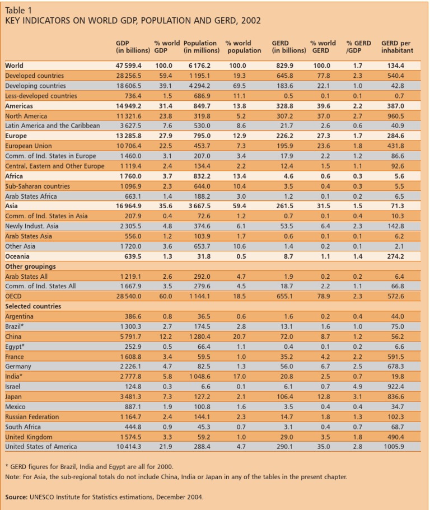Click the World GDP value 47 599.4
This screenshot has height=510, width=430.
pos(128,65)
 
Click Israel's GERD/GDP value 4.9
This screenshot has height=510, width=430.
pos(357,387)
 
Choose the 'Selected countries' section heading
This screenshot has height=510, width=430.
pos(33,307)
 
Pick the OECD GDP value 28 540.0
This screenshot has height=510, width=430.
pos(128,297)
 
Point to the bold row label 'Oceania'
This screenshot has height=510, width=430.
pos(17,256)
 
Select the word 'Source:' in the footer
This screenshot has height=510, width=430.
pos(16,497)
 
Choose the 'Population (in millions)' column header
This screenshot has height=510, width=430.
pos(200,46)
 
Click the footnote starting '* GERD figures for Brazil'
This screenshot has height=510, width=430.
pos(90,466)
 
